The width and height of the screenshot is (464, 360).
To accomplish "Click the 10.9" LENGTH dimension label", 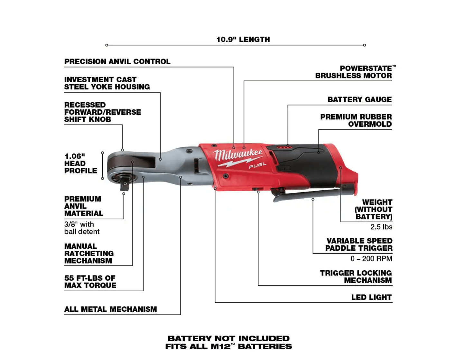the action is click(x=243, y=40).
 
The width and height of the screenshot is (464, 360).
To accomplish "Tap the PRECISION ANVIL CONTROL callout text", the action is click(x=117, y=61).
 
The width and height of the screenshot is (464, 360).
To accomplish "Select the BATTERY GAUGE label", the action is click(x=360, y=99).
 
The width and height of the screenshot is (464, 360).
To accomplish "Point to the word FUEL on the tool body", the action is click(x=257, y=165).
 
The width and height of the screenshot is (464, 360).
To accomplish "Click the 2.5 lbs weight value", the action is click(x=381, y=227).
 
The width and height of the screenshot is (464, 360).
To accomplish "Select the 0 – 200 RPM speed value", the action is click(x=371, y=258).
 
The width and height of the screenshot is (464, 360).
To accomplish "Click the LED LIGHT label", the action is click(x=371, y=297).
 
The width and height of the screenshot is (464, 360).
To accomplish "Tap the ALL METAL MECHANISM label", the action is click(x=111, y=309).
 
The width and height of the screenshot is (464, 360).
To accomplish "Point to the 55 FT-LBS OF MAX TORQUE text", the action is click(x=90, y=282).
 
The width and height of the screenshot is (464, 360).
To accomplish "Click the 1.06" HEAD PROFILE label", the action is click(x=80, y=163).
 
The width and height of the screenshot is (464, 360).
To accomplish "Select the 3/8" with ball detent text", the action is click(x=82, y=228).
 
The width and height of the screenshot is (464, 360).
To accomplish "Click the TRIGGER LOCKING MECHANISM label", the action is click(x=356, y=276).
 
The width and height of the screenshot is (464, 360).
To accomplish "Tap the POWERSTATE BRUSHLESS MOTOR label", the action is click(x=356, y=72).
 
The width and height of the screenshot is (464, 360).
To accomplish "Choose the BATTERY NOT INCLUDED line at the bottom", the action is click(x=228, y=338).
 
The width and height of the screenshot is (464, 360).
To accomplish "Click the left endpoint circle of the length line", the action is click(x=107, y=45).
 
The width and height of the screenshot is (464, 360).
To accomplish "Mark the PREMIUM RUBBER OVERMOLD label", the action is click(x=356, y=120).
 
